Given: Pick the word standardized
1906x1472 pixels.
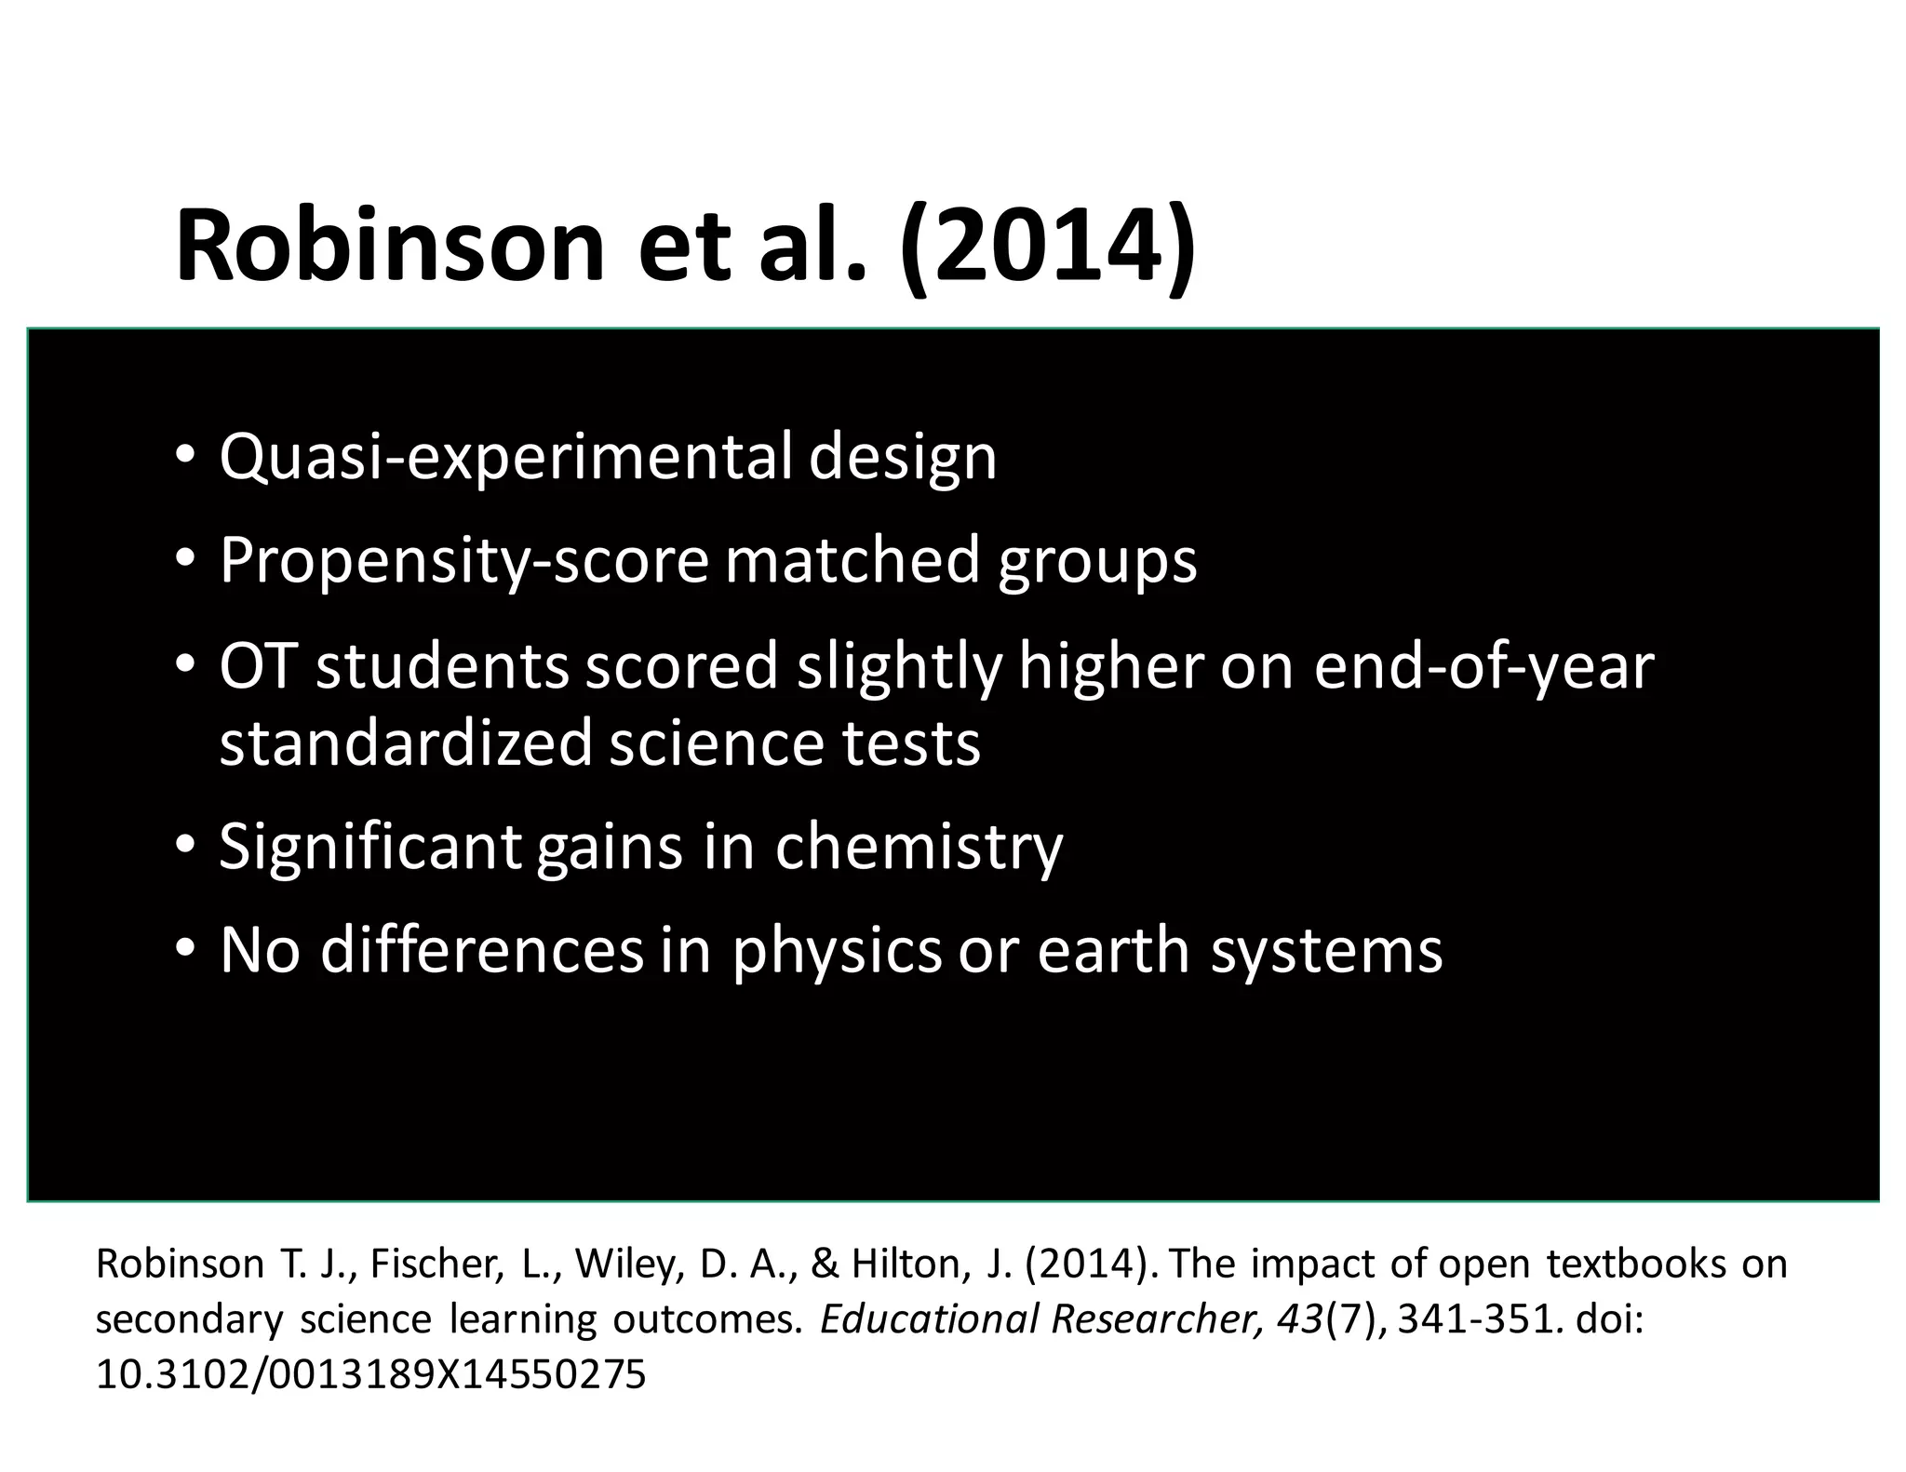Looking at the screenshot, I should pos(406,743).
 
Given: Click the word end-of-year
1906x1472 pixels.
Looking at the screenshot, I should pos(1483,666).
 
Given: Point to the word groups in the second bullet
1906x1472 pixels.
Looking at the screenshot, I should pos(1097,561).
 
